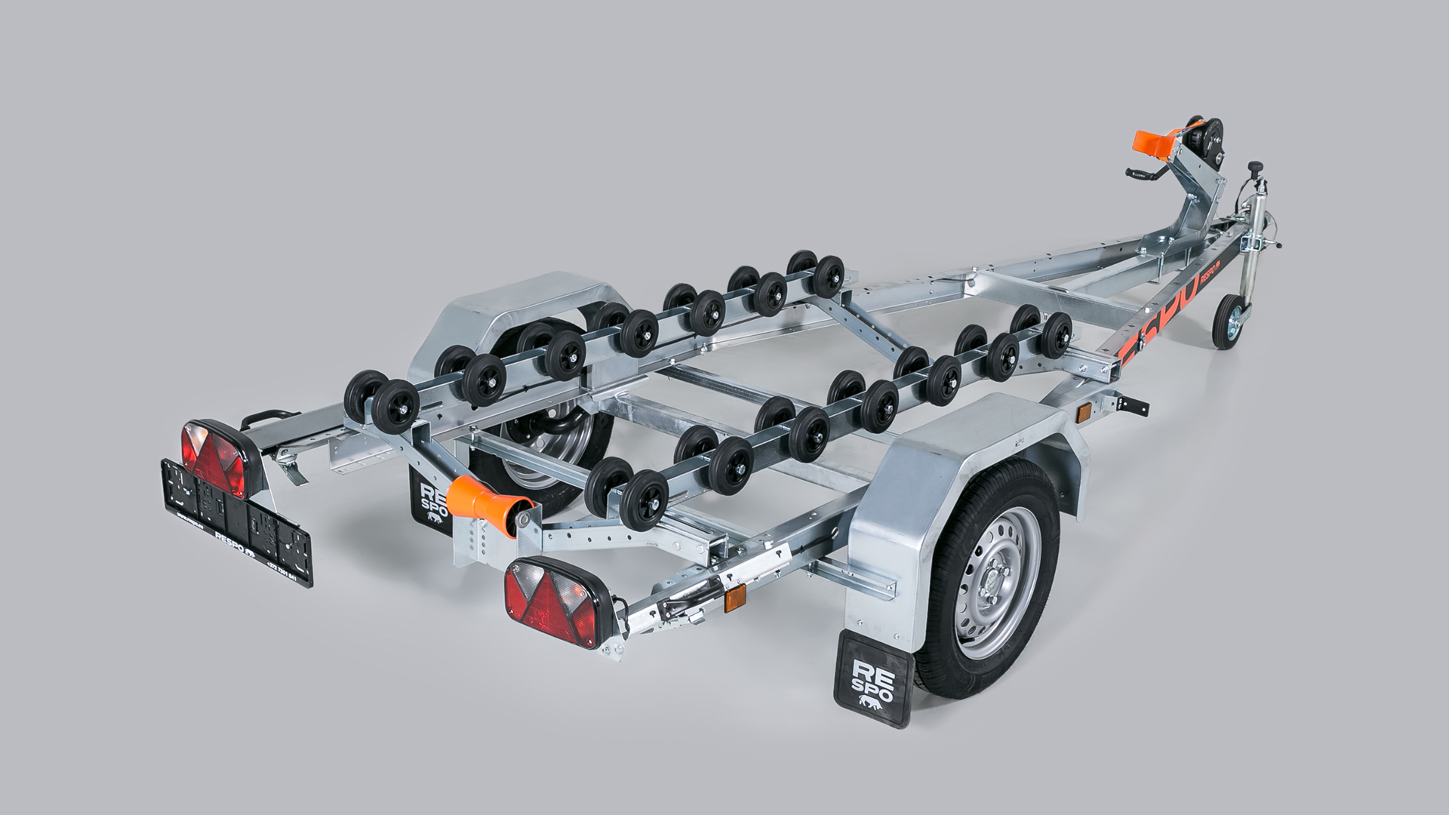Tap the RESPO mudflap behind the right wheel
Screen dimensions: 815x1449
pyautogui.click(x=867, y=680)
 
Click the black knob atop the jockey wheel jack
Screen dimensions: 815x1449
pyautogui.click(x=1254, y=165)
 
